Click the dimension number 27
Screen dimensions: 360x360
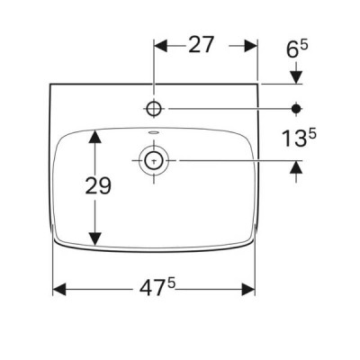coord(202,45)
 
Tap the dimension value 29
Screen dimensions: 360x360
coord(98,185)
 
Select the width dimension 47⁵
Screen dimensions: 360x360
coord(157,288)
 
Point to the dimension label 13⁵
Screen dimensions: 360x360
coord(299,138)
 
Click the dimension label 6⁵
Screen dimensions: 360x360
coord(297,49)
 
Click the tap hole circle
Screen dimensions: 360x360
coord(154,108)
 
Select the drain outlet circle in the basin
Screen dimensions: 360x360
coord(154,161)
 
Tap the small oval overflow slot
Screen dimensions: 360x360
coord(154,132)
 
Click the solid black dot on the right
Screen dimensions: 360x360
coord(296,108)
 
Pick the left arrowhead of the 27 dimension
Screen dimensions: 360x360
coord(160,46)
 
